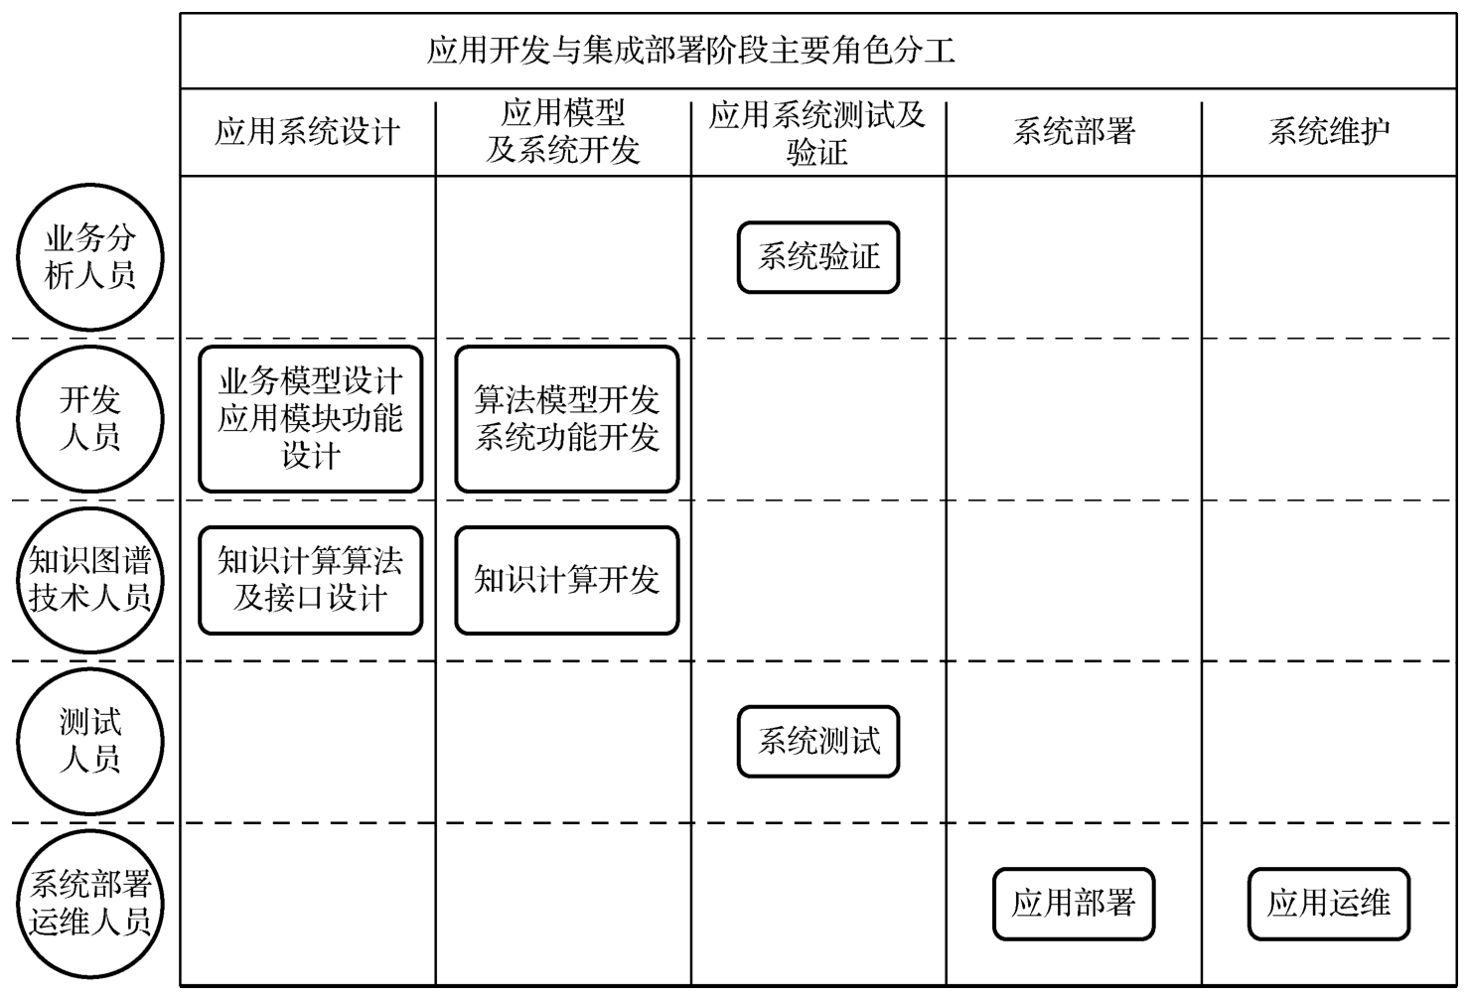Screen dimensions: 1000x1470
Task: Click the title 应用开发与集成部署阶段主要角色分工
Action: pos(690,51)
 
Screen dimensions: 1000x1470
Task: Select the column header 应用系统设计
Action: pos(307,132)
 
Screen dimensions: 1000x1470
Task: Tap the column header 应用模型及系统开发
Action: pos(562,132)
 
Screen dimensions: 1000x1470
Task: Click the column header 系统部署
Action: pos(1073,132)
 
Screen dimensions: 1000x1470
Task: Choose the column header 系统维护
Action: pos(1328,132)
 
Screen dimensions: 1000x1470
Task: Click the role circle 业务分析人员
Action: pos(89,257)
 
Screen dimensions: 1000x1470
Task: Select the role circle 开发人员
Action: pos(89,418)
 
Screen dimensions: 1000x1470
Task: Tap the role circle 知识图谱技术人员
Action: pos(89,580)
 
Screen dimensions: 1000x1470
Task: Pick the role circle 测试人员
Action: pos(89,741)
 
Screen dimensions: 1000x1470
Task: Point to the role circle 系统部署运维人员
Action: pos(89,904)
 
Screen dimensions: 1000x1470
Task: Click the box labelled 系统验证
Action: pos(817,257)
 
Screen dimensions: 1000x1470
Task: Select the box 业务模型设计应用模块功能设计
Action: pos(310,418)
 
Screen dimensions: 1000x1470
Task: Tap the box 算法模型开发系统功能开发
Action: pos(566,418)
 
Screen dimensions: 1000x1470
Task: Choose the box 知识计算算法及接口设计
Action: pos(310,580)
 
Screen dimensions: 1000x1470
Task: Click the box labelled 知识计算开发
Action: pos(566,580)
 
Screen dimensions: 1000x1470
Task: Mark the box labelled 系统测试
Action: pos(817,741)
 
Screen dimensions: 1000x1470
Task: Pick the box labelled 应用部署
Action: pos(1073,904)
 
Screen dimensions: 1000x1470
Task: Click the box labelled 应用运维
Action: pos(1328,904)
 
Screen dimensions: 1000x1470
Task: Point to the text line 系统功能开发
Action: pos(566,437)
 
